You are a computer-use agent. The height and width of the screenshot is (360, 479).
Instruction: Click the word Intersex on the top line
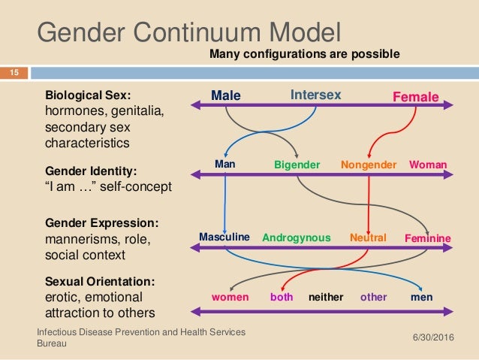pyautogui.click(x=316, y=95)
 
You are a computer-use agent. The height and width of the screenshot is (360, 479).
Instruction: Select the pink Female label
pyautogui.click(x=416, y=97)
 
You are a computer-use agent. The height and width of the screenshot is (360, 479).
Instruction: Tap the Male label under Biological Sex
pyautogui.click(x=225, y=96)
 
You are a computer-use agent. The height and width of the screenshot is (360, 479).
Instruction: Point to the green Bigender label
pyautogui.click(x=297, y=164)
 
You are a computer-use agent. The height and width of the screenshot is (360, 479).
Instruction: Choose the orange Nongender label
pyautogui.click(x=369, y=164)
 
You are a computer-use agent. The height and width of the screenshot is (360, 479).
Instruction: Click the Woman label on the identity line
pyautogui.click(x=429, y=164)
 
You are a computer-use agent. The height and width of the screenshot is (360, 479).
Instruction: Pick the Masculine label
pyautogui.click(x=224, y=237)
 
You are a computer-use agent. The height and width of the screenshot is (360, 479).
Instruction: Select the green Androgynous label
pyautogui.click(x=297, y=237)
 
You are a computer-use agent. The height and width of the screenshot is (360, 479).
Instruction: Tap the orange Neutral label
pyautogui.click(x=368, y=237)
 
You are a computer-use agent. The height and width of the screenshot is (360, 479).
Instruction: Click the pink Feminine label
pyautogui.click(x=428, y=238)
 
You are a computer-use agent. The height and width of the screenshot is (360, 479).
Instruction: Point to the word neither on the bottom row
pyautogui.click(x=326, y=297)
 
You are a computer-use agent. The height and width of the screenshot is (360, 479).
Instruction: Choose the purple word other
pyautogui.click(x=374, y=297)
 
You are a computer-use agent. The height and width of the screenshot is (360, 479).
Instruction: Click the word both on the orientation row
pyautogui.click(x=282, y=297)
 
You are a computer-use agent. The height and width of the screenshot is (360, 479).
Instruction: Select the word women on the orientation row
pyautogui.click(x=230, y=297)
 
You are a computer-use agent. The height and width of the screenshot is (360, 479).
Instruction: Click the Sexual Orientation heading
pyautogui.click(x=100, y=281)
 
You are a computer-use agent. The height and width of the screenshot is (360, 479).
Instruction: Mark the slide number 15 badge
pyautogui.click(x=14, y=72)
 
